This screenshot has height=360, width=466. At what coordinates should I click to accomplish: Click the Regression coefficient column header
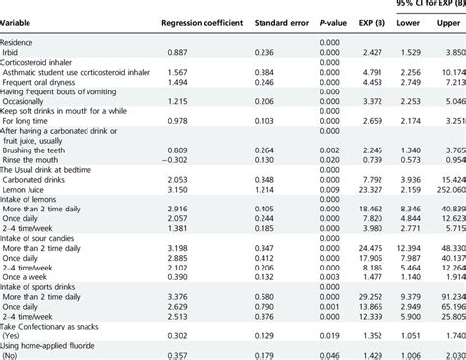204,20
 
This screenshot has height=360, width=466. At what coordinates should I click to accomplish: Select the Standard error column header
280,20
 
